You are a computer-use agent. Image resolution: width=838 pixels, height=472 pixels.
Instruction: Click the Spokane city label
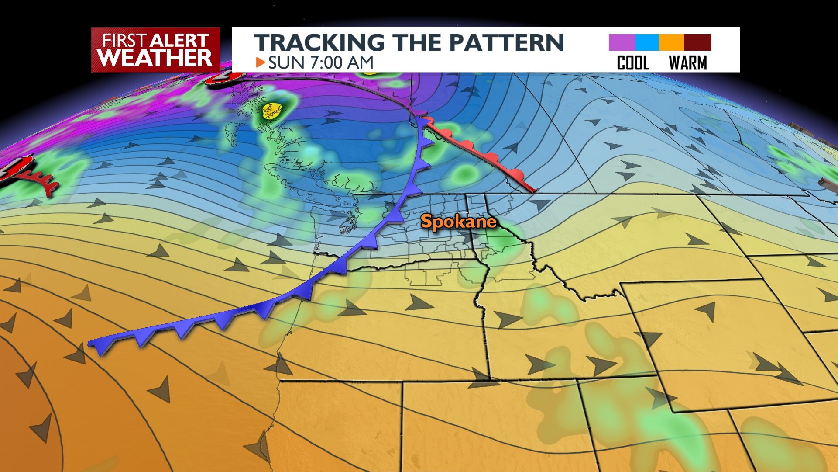[458, 222]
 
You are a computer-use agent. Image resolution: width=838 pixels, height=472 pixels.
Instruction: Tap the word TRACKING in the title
[319, 42]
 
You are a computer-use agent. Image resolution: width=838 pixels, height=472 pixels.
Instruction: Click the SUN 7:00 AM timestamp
[321, 62]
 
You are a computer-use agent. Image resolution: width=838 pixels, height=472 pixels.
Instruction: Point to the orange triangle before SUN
[261, 62]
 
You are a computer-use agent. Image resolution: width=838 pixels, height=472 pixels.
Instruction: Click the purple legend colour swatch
[622, 42]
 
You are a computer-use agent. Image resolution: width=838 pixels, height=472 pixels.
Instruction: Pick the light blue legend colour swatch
[647, 42]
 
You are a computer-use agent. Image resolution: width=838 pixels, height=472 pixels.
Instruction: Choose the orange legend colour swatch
[671, 42]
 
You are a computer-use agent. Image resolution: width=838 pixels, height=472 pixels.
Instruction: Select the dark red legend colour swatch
[697, 42]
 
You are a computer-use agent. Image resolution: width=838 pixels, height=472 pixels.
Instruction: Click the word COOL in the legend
[633, 63]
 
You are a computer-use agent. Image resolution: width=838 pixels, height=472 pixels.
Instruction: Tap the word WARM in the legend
[687, 63]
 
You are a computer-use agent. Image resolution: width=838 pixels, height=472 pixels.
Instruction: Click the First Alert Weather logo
[155, 49]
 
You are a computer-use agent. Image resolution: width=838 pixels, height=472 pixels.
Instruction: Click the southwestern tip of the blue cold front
[92, 344]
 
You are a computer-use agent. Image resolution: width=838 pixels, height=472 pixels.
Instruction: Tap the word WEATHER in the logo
[155, 58]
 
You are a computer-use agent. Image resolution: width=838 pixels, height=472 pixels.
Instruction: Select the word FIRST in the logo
[124, 41]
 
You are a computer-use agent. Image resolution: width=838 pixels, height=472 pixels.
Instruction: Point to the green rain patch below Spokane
[502, 245]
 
